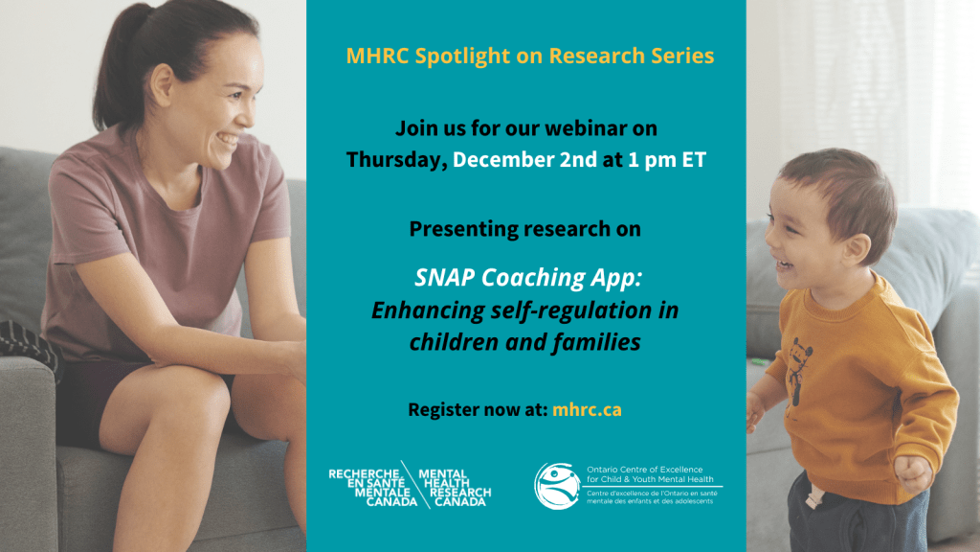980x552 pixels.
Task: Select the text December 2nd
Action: point(525,160)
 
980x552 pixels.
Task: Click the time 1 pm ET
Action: point(667,160)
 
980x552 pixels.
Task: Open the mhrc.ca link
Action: point(587,410)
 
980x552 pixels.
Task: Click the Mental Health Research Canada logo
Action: point(410,487)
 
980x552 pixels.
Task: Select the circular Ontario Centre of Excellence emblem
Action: point(556,486)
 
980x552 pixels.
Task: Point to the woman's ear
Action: point(162,84)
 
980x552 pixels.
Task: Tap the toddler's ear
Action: point(856,248)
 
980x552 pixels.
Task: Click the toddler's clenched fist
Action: point(913,473)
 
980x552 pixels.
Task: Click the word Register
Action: point(438,410)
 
